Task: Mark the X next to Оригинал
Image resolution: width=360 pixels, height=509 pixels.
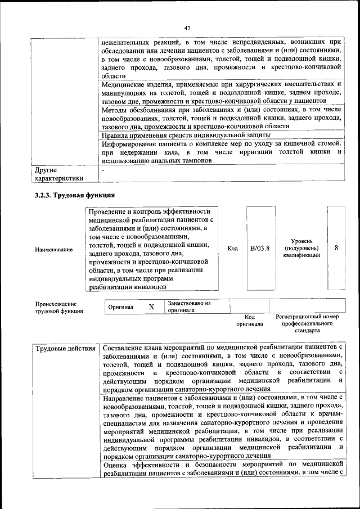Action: pyautogui.click(x=151, y=308)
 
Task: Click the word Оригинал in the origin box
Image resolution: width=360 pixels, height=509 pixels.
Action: pyautogui.click(x=121, y=308)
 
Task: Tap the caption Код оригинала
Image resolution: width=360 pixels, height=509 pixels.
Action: pyautogui.click(x=250, y=321)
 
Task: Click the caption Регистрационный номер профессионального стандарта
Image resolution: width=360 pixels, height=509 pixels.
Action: pyautogui.click(x=307, y=324)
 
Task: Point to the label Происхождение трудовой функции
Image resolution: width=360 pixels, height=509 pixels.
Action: pyautogui.click(x=59, y=307)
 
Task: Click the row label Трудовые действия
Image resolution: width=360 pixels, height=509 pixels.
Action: pyautogui.click(x=65, y=349)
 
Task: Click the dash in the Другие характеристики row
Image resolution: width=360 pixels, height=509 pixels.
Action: pyautogui.click(x=103, y=169)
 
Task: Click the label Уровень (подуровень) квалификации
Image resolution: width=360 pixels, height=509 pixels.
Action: pyautogui.click(x=302, y=248)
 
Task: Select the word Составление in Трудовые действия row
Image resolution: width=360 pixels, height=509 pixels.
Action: pyautogui.click(x=126, y=348)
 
